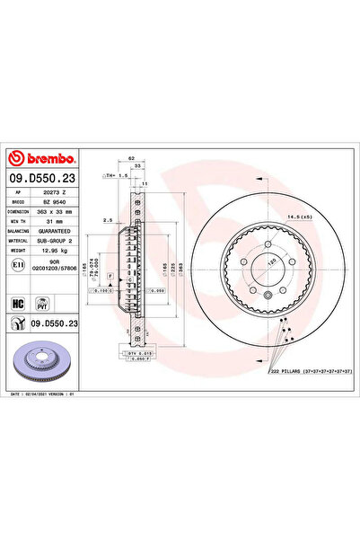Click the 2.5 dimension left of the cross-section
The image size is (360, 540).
click(107, 219)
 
